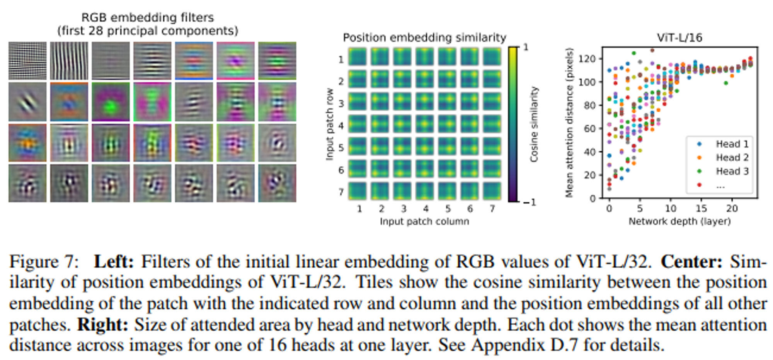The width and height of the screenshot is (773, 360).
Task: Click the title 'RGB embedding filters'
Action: click(x=147, y=17)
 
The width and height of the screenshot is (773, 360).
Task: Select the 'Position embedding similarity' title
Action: click(x=424, y=37)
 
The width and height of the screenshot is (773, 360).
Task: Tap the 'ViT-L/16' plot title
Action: click(x=679, y=37)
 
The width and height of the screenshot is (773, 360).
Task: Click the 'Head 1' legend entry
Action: click(x=732, y=144)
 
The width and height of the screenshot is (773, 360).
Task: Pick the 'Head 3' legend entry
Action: click(x=732, y=171)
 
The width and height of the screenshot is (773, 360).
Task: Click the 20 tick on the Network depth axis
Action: click(x=732, y=209)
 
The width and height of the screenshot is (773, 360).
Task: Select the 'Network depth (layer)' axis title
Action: click(x=679, y=221)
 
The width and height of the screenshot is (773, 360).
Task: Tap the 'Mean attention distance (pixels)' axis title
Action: click(x=569, y=123)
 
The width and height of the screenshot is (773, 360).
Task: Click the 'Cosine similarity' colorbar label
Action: click(x=534, y=124)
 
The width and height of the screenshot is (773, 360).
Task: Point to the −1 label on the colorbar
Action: click(x=530, y=202)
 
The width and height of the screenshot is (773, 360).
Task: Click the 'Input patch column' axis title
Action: click(x=424, y=221)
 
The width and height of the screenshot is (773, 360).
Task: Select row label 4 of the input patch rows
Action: click(x=341, y=126)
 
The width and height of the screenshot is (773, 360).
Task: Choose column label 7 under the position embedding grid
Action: click(x=492, y=209)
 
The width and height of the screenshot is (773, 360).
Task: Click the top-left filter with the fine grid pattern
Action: click(x=27, y=61)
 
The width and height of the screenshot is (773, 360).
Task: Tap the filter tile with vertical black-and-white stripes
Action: click(x=69, y=61)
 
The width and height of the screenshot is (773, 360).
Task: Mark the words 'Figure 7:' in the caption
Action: click(x=44, y=262)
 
